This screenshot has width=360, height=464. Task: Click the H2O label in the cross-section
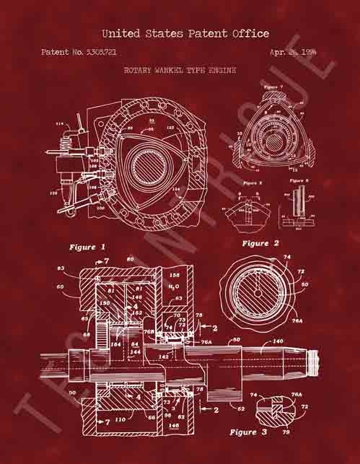point(173,287)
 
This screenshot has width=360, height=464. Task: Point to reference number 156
point(174,276)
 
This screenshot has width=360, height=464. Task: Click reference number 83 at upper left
point(61,268)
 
